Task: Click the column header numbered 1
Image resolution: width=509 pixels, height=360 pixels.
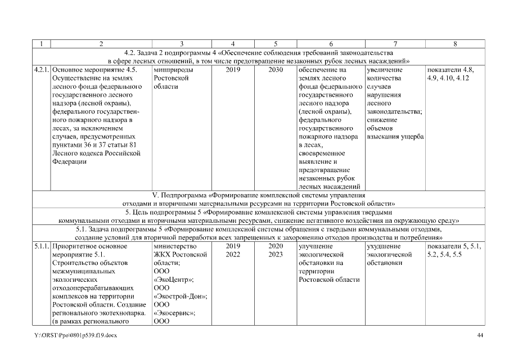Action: [x=41, y=43]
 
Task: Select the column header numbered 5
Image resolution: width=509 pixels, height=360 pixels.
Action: [x=276, y=43]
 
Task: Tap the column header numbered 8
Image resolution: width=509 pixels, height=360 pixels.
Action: [x=454, y=43]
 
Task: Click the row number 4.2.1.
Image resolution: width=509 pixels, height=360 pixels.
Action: [x=41, y=70]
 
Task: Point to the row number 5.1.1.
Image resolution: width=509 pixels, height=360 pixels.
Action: [x=41, y=246]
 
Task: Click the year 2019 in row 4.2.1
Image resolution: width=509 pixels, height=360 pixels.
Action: [x=232, y=70]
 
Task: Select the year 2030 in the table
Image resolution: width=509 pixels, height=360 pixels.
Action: [x=276, y=70]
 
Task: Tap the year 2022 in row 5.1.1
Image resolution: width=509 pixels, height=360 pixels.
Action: [x=232, y=254]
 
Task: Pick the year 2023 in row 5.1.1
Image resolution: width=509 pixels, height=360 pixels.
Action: [x=276, y=254]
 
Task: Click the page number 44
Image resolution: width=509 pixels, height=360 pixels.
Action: [x=480, y=335]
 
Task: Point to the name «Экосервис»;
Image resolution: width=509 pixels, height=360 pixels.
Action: [x=175, y=313]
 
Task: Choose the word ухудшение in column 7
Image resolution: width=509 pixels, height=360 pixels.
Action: [x=383, y=246]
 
